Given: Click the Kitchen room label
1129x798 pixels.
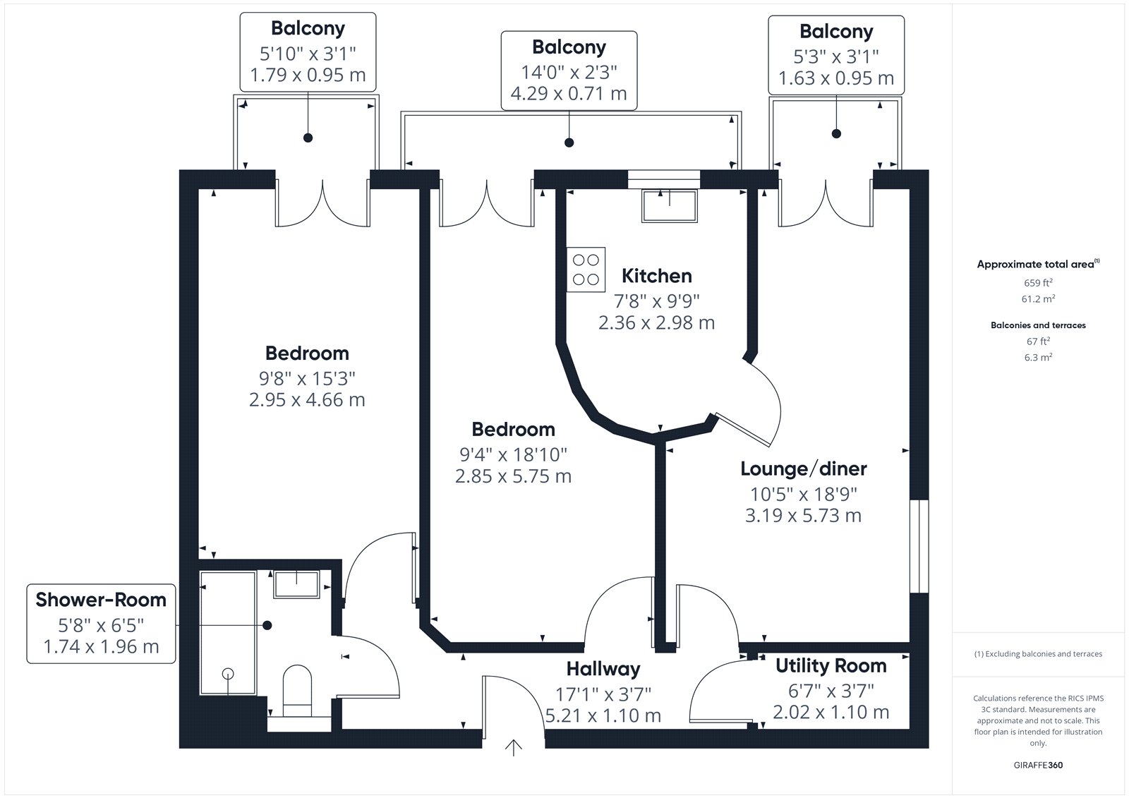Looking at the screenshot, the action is coord(656,276).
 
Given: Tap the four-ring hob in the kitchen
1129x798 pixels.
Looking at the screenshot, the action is coord(586,270).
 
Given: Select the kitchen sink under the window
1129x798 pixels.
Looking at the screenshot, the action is coord(670,206).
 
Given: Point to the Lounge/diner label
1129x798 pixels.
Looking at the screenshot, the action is coord(804,468).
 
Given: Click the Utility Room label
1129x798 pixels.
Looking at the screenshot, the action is coord(831,666).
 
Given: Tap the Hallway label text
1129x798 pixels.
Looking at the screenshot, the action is coord(603,669).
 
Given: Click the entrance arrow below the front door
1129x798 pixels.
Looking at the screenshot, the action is coord(513,748).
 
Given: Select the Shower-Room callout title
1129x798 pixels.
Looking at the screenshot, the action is coord(101,600).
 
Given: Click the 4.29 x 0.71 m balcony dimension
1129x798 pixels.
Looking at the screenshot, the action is coord(569,93).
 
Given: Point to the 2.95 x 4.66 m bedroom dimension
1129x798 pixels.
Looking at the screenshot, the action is coord(307,400).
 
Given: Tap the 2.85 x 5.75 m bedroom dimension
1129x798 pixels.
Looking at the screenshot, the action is coord(513,476).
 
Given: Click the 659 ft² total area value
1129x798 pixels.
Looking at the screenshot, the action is coord(1038,282).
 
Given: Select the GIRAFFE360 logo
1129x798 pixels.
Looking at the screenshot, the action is coord(1038,765).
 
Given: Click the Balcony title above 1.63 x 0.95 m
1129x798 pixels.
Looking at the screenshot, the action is coord(836,31).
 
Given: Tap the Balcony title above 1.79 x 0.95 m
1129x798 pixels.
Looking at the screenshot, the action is coord(308,28).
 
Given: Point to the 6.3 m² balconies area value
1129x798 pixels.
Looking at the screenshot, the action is coord(1038,357).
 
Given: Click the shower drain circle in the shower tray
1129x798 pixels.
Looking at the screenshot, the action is coord(228,673).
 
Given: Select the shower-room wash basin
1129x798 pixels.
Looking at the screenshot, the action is coord(296,584).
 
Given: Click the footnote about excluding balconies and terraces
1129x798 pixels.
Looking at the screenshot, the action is coord(1038,654).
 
